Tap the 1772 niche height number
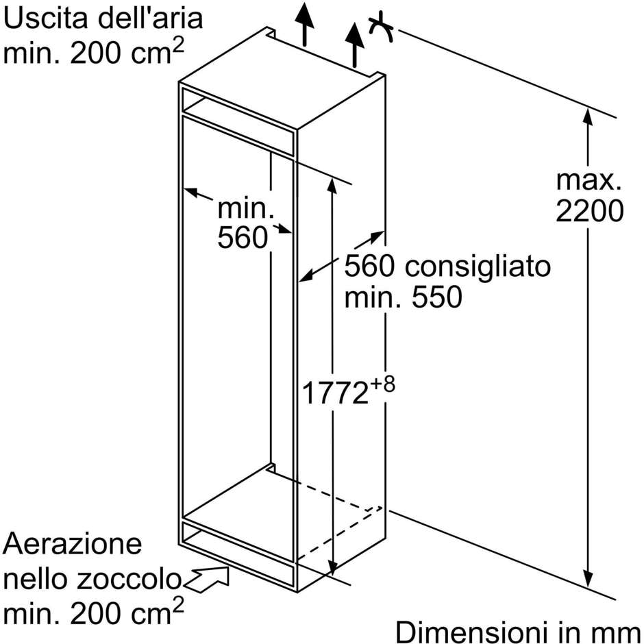[335, 393]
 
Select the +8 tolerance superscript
[382, 384]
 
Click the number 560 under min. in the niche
[243, 238]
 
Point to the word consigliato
[478, 268]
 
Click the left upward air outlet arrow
[304, 23]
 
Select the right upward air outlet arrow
[354, 45]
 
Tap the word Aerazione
[73, 544]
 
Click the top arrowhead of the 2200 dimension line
[588, 116]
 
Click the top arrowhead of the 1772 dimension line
[332, 186]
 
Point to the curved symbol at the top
[380, 27]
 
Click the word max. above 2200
[589, 180]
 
